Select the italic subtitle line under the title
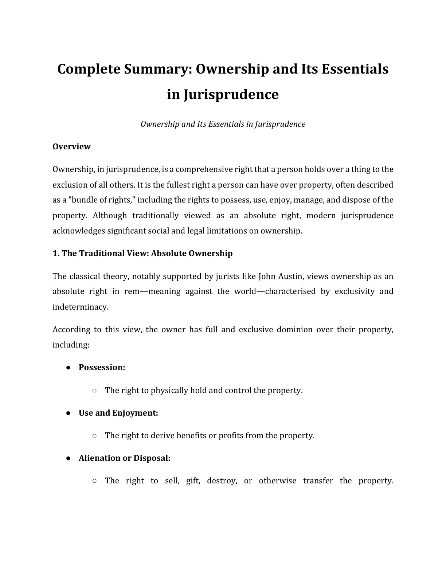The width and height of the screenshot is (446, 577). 223,124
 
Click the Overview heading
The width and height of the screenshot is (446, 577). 71,147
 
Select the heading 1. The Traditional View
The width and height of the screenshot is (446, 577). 142,254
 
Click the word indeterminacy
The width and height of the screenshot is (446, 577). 80,307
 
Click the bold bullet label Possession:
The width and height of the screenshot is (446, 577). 102,368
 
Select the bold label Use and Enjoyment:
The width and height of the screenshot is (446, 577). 118,413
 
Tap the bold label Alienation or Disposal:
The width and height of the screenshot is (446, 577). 124,458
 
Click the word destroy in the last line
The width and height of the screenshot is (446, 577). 222,481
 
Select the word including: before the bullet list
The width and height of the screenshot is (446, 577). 71,345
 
